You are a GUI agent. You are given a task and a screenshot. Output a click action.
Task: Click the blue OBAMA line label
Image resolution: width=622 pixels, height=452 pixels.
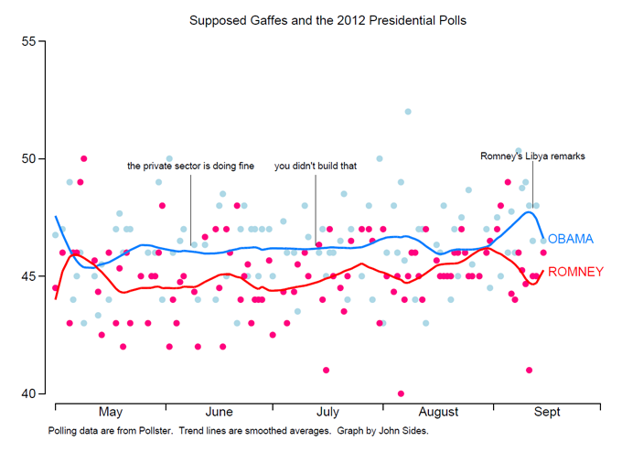[571, 239]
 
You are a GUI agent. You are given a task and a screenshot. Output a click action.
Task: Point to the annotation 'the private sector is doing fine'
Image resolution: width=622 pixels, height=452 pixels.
[190, 167]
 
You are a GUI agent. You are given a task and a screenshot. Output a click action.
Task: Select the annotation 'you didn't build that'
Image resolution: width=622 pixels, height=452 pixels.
[316, 167]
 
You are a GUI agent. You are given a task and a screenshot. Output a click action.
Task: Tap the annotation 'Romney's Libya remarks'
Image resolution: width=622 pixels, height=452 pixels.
[532, 156]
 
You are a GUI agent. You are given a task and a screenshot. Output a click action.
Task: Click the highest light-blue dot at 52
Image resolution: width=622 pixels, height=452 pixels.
[408, 113]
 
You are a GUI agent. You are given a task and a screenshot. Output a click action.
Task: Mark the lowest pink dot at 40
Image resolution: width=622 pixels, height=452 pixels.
[401, 393]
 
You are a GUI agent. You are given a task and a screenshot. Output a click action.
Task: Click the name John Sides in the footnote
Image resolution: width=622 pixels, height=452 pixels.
[400, 430]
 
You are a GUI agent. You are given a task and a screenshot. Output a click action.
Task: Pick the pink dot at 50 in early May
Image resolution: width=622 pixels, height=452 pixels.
[83, 159]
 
